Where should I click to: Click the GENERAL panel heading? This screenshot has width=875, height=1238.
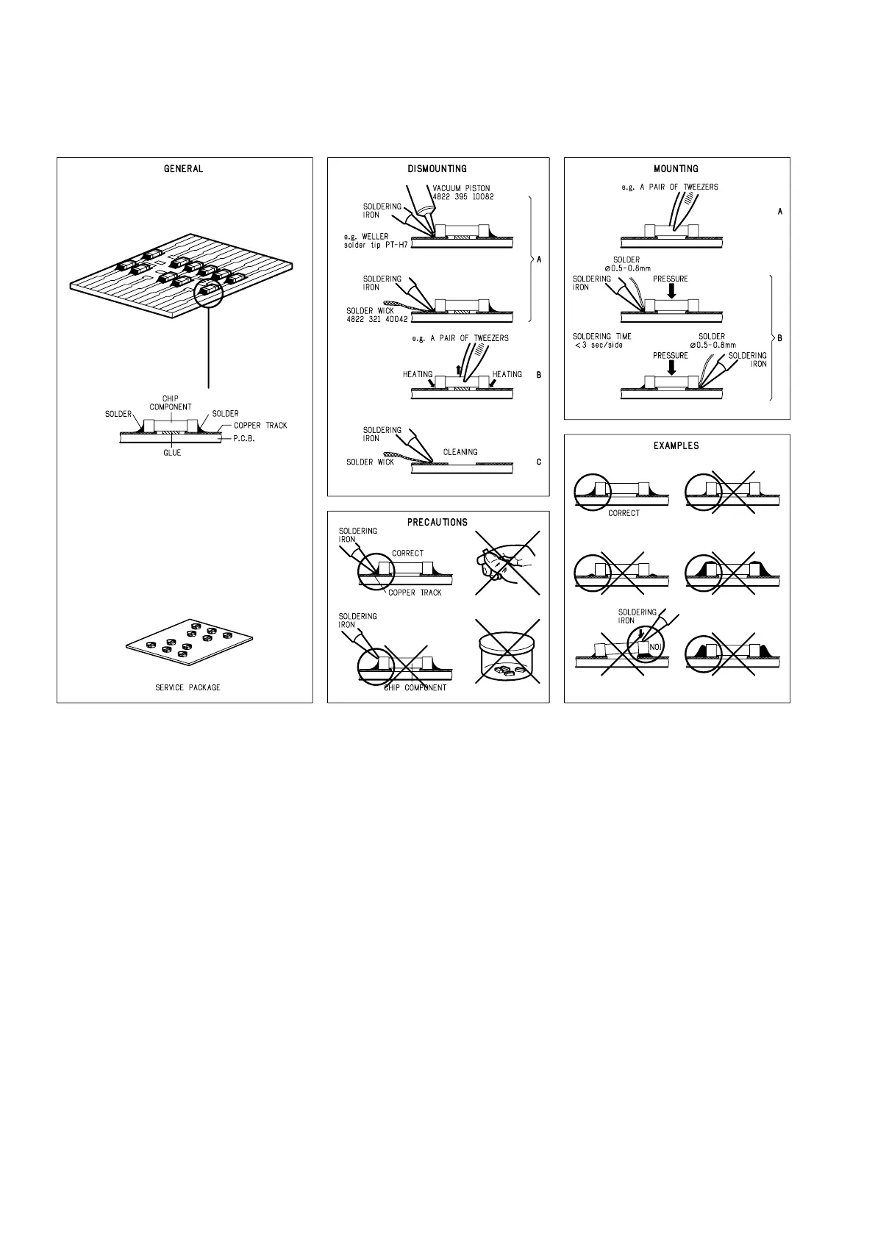(183, 169)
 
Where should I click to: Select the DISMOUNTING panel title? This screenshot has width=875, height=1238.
(437, 169)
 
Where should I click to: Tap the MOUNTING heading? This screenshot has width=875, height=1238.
(676, 169)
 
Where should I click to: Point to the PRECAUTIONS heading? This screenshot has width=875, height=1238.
(438, 523)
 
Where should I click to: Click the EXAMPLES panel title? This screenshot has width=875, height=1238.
(676, 446)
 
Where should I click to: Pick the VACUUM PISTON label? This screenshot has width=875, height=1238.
(462, 188)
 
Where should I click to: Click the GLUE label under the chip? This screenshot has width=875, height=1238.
(172, 453)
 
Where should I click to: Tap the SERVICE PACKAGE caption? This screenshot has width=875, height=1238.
(187, 688)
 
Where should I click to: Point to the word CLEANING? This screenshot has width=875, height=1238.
(460, 452)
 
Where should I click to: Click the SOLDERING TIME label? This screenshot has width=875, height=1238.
(602, 337)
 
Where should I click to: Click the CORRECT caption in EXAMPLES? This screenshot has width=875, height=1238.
(624, 513)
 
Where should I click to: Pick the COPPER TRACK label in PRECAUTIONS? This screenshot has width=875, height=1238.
(415, 593)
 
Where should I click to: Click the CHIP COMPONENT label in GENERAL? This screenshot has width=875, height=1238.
(171, 403)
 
